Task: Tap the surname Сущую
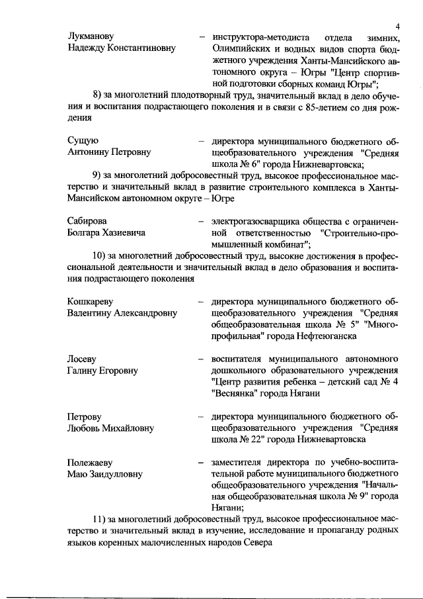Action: tap(83, 140)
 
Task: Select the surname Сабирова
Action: tap(88, 220)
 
